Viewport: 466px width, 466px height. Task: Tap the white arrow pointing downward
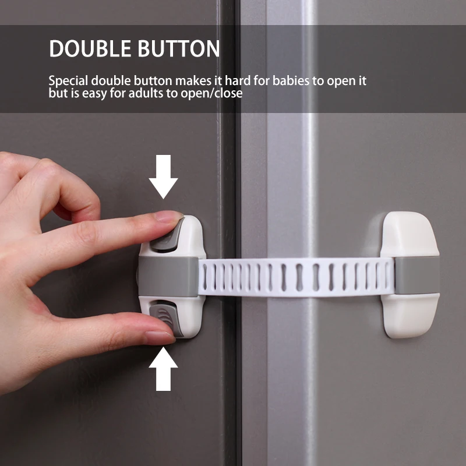163,175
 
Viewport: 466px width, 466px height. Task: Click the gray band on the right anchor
416,274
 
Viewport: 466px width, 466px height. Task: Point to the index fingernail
169,218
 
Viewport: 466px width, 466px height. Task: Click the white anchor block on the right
409,274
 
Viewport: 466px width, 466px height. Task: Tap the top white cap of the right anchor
409,233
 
